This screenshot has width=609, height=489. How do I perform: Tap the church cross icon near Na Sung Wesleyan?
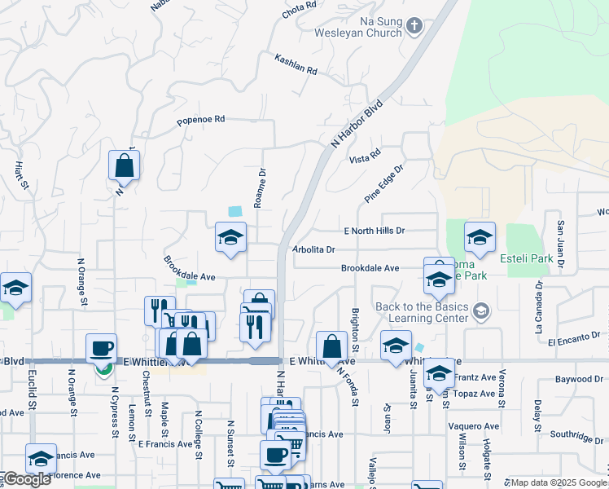414,27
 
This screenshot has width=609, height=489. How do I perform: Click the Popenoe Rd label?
200,120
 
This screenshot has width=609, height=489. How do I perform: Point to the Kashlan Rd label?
296,64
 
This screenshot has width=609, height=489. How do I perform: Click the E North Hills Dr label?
374,231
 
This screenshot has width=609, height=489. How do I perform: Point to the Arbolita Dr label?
313,249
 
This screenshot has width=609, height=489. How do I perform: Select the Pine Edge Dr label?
384,183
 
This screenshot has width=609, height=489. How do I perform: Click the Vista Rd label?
365,156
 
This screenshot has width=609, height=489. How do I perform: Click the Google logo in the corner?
26,479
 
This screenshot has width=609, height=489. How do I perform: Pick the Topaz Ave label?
476,393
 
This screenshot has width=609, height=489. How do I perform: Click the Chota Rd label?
299,7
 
